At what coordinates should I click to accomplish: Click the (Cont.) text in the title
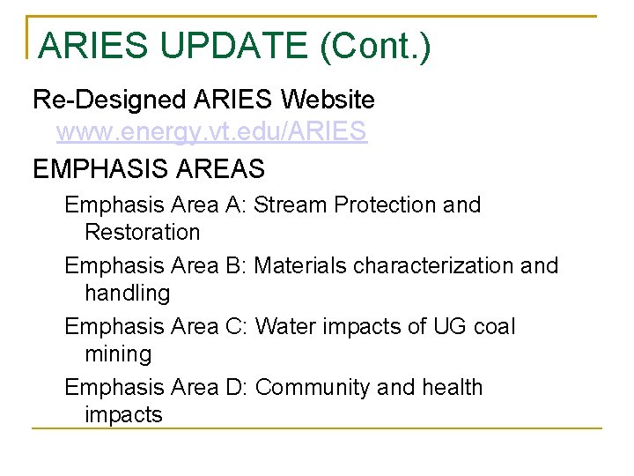376,46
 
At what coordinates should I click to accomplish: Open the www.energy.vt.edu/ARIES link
211,132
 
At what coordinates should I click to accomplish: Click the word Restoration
143,233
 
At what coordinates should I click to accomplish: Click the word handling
127,293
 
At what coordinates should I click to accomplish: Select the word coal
494,326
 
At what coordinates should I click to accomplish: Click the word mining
118,354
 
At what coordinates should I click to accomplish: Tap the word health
452,387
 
